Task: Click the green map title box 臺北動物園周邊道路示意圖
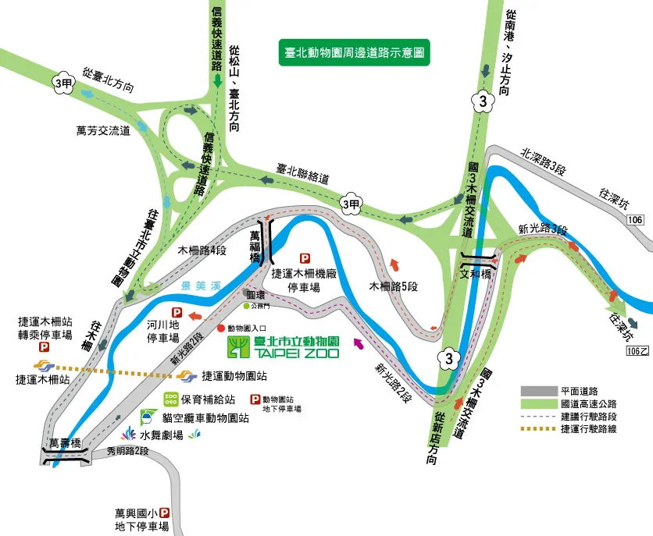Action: coord(355,53)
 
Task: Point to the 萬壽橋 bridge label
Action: coord(65,443)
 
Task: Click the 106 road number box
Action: coord(635,220)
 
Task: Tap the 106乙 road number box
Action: coord(637,352)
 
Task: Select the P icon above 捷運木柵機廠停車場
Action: coord(305,258)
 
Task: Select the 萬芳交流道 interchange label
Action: coord(103,130)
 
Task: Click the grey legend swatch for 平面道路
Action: coord(538,391)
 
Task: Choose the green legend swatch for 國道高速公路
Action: coord(538,403)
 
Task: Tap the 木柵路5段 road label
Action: coord(394,286)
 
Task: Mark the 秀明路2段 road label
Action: coord(127,450)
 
